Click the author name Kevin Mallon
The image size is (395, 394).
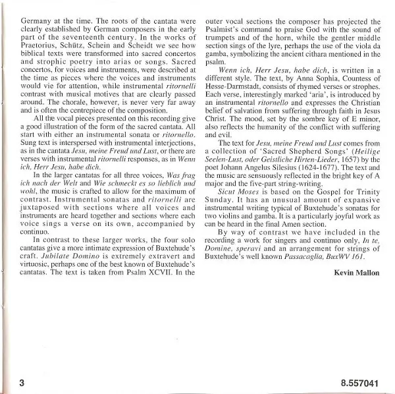[x=358, y=271]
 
